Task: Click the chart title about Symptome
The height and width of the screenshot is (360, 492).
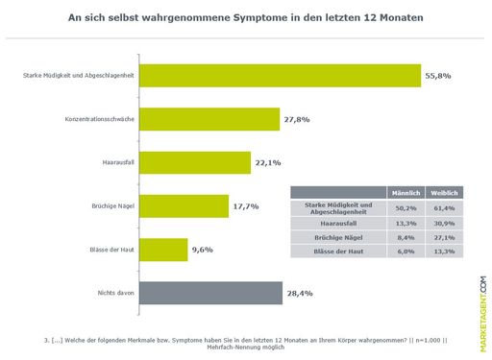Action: [246, 18]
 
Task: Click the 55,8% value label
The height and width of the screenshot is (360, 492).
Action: [438, 77]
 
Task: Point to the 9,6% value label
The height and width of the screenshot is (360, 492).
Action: [203, 250]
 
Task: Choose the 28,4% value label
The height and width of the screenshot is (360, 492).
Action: [299, 293]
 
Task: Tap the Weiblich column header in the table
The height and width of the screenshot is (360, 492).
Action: [443, 193]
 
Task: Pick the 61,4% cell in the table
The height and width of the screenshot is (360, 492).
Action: [443, 207]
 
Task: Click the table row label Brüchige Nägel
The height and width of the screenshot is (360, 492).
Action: [336, 236]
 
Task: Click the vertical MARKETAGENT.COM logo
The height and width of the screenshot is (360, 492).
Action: [482, 303]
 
